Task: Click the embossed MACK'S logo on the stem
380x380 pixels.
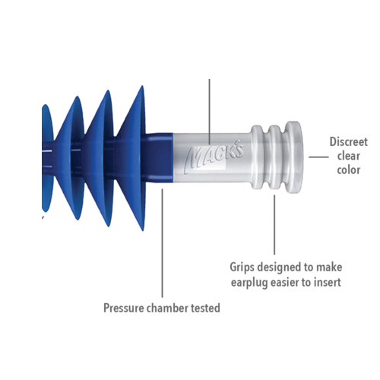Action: click(x=214, y=159)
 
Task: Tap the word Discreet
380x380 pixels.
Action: click(x=348, y=142)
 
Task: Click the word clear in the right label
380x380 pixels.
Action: click(x=349, y=156)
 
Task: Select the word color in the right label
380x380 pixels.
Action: click(x=349, y=170)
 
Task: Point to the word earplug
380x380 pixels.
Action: click(x=249, y=283)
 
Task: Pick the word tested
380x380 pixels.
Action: click(x=205, y=309)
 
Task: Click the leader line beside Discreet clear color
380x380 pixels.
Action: click(x=318, y=157)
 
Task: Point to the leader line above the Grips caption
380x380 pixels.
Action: click(x=274, y=224)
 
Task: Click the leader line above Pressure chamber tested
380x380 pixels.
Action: click(x=162, y=243)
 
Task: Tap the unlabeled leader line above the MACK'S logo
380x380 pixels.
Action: click(x=209, y=112)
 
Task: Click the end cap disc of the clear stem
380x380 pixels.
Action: click(x=295, y=157)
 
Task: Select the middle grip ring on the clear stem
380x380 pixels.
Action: click(x=274, y=157)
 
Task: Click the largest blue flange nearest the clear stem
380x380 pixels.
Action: click(x=131, y=158)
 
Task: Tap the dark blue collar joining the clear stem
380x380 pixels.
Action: click(x=158, y=157)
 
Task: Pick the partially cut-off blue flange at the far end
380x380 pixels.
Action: click(x=47, y=158)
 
